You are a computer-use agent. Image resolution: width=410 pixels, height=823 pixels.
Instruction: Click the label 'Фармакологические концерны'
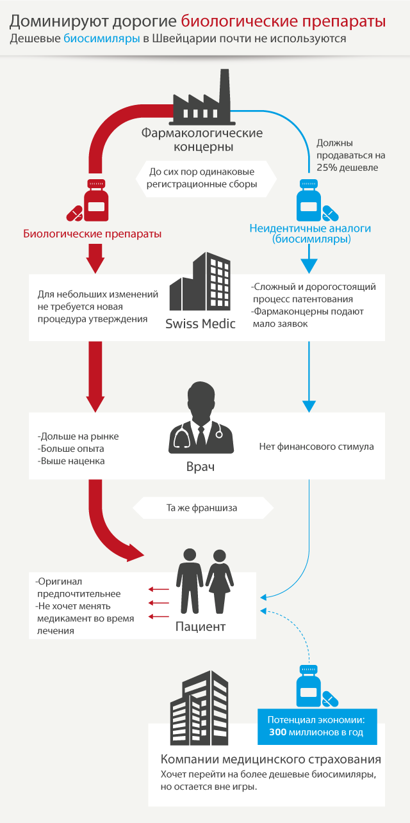(x=202, y=140)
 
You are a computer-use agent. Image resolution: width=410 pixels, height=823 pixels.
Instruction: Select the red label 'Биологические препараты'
(x=92, y=234)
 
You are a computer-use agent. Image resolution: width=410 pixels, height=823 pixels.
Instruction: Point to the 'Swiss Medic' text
(x=201, y=324)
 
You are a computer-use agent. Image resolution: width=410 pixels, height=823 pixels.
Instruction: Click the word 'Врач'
(x=201, y=467)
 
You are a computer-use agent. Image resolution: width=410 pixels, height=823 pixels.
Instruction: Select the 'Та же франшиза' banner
(x=202, y=509)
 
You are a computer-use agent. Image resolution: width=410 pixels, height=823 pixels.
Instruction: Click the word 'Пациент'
(x=201, y=627)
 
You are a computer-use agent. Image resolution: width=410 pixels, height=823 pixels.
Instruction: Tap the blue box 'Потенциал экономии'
(x=317, y=726)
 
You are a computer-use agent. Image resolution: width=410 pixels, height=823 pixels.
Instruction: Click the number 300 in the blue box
(x=277, y=732)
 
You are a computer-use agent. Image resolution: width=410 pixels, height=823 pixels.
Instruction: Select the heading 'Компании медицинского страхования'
(x=271, y=760)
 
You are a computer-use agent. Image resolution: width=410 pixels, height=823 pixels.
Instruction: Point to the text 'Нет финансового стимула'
(x=316, y=446)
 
